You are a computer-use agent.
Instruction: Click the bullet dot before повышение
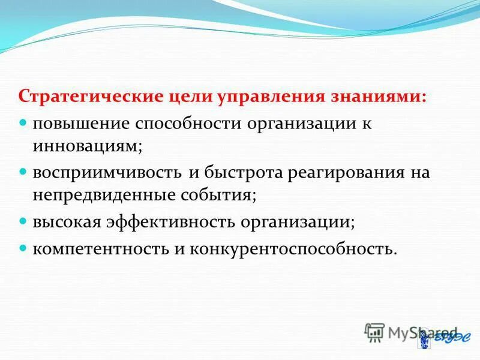point(23,121)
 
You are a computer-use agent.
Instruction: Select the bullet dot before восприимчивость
point(23,172)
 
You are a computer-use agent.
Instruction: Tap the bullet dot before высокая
point(23,221)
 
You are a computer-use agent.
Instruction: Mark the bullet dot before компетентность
point(23,247)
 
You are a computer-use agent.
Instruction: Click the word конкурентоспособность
point(293,248)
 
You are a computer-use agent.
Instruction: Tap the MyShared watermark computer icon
point(374,332)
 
